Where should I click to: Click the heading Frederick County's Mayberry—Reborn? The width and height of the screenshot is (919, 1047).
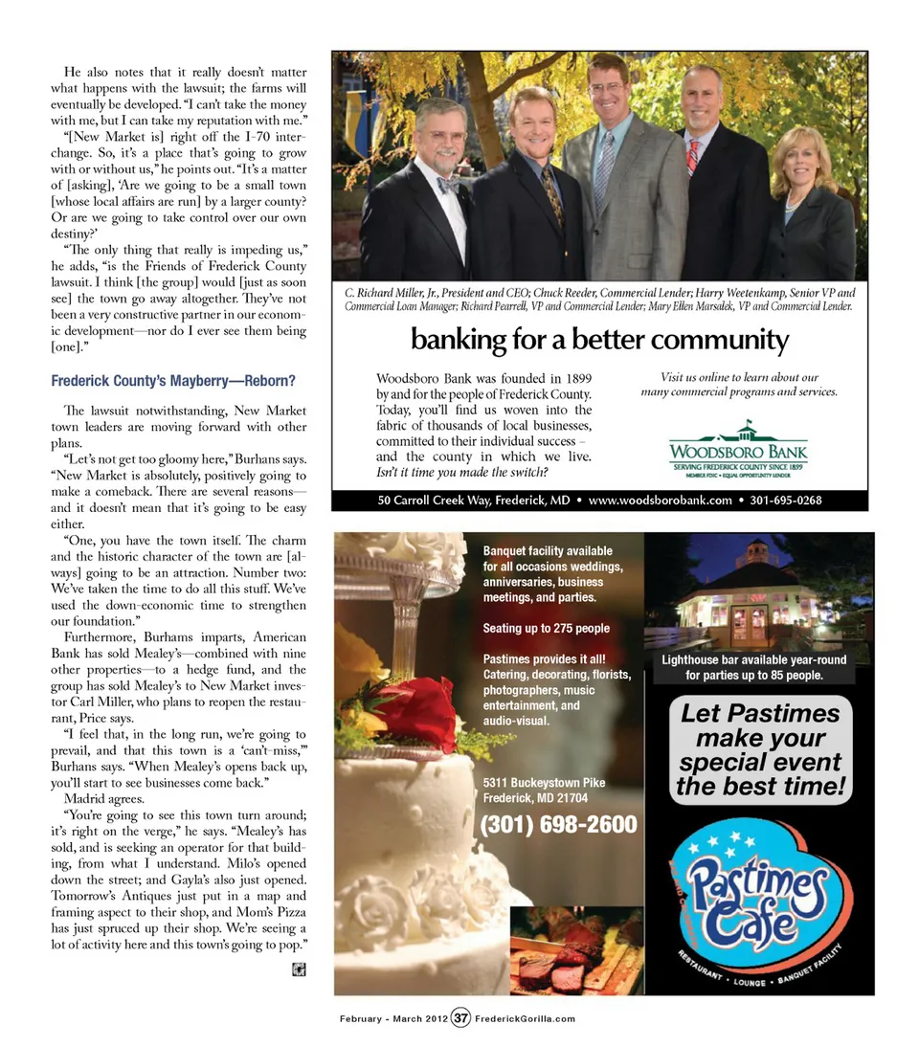(x=172, y=381)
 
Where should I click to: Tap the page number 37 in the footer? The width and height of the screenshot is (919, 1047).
(x=460, y=1018)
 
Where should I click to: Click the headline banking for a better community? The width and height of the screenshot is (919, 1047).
(x=599, y=340)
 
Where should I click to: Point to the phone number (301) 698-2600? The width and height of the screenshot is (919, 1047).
(x=559, y=824)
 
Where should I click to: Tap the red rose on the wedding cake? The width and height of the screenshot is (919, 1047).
(x=413, y=713)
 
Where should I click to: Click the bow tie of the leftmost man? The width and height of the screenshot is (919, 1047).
(x=447, y=184)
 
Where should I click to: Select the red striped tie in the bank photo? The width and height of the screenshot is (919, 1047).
(x=692, y=158)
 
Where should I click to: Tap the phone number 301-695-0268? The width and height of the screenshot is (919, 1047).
(x=785, y=500)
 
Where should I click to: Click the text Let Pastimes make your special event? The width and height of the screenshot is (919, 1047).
(x=759, y=750)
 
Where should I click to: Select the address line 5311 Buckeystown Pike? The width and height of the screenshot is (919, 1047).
(x=544, y=782)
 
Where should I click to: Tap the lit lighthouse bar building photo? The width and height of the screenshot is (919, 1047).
(x=757, y=592)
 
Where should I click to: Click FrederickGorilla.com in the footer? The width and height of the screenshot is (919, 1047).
(x=525, y=1018)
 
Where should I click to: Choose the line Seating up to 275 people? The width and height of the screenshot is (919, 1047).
(x=546, y=629)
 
